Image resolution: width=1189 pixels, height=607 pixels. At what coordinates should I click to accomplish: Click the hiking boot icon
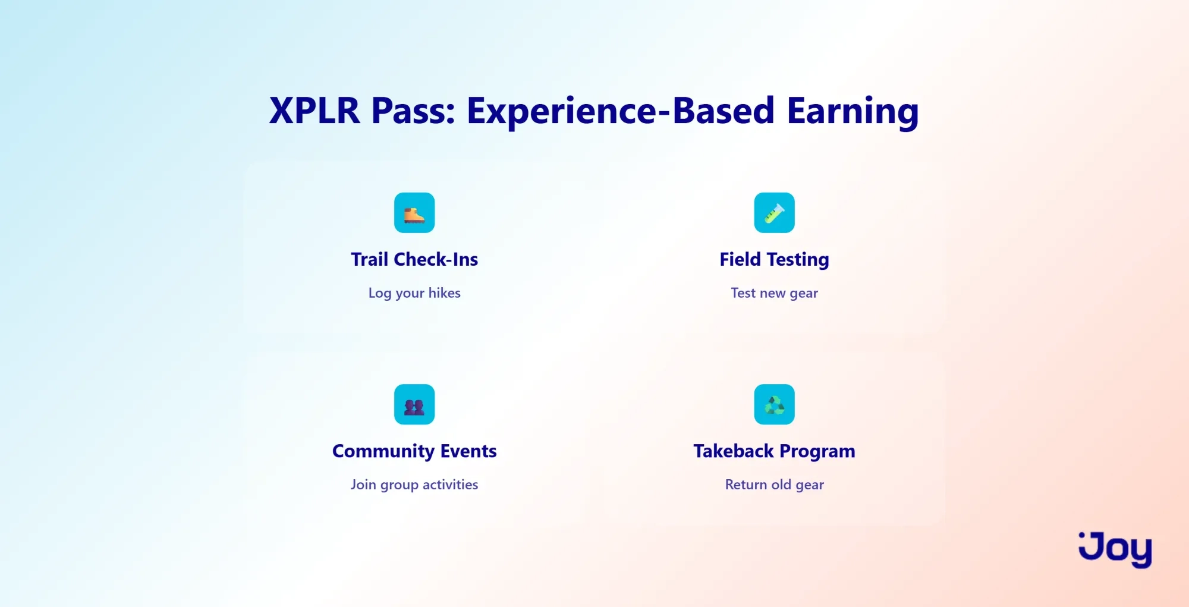[414, 213]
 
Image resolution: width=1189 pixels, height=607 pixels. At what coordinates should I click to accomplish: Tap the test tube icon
[774, 213]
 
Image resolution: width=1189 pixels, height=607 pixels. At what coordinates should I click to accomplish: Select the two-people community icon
[414, 404]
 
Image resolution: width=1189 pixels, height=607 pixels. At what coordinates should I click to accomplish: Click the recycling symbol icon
[774, 404]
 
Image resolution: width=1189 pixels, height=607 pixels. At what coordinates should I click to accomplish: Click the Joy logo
[1115, 549]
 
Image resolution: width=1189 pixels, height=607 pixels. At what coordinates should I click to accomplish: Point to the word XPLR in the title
[314, 111]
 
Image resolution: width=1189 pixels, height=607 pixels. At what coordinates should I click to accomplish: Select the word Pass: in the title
[413, 111]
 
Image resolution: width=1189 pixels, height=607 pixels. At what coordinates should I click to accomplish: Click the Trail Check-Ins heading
[414, 259]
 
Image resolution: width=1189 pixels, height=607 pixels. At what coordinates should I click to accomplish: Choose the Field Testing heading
[774, 260]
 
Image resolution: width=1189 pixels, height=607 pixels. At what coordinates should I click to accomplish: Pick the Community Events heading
[414, 451]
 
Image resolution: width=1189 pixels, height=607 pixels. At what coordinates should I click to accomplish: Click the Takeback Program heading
[774, 451]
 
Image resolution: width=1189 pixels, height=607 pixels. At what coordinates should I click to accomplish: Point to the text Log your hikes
[414, 293]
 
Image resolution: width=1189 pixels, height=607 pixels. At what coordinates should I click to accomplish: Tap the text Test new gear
[774, 293]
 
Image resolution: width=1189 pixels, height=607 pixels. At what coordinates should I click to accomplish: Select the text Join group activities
[414, 485]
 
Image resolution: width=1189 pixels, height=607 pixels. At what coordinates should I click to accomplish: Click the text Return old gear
[774, 485]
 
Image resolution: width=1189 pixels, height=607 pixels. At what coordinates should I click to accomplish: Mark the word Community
[383, 451]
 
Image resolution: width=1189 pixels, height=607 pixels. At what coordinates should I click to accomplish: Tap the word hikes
[445, 293]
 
